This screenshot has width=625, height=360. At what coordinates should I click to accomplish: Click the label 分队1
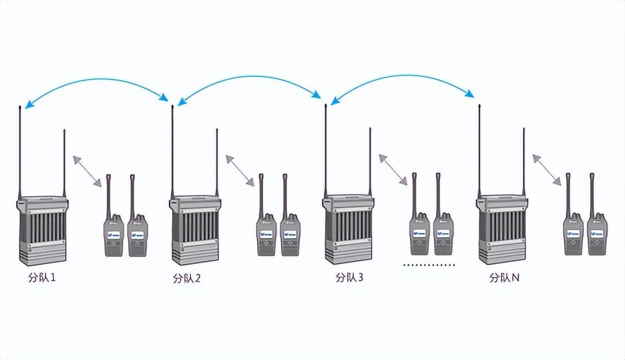tap(42, 278)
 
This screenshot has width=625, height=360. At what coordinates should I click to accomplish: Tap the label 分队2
tap(187, 279)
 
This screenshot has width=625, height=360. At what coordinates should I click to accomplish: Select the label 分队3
tap(349, 278)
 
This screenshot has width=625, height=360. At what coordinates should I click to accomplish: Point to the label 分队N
tap(505, 278)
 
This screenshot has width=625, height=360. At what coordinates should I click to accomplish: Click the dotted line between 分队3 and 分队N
tap(429, 265)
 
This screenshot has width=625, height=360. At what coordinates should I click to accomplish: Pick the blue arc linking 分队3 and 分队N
tap(403, 77)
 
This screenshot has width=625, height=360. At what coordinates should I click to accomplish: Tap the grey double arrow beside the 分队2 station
tap(240, 171)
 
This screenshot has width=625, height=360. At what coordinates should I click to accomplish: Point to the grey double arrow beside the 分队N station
tap(547, 170)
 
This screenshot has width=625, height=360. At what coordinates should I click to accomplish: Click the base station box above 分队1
tap(42, 230)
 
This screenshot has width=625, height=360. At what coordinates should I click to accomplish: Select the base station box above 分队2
tap(195, 230)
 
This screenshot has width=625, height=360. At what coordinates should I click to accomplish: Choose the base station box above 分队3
tap(349, 230)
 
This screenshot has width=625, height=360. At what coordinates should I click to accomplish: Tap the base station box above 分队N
tap(502, 230)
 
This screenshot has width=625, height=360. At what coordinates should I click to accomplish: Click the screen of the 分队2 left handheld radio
tap(266, 235)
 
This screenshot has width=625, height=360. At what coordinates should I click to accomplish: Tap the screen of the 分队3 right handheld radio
tap(443, 234)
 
